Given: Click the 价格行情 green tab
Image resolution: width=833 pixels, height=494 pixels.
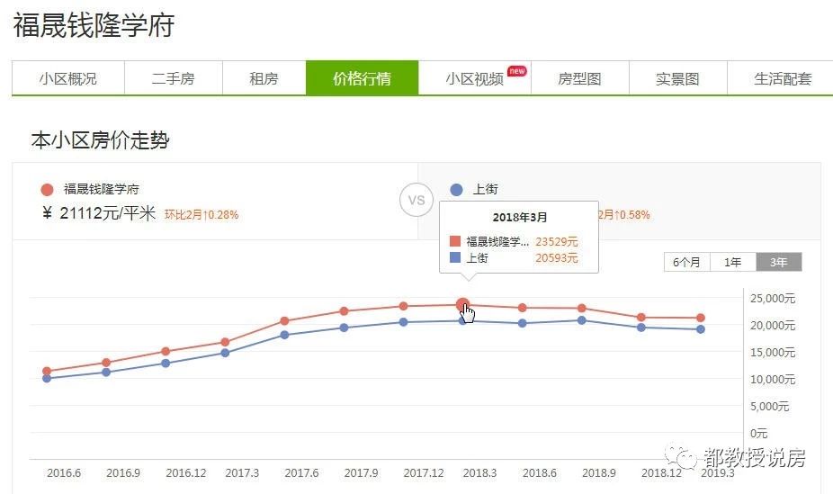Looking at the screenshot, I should click(x=362, y=78).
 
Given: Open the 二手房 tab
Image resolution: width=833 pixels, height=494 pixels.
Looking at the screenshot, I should click(x=173, y=78).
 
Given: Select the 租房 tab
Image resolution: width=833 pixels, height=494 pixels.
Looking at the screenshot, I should click(x=264, y=78).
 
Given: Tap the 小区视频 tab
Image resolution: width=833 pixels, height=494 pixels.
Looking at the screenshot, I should click(x=474, y=78).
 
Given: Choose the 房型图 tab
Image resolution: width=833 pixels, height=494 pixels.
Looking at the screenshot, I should click(x=579, y=78).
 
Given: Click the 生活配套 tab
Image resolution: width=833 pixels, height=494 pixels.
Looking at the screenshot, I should click(x=782, y=78).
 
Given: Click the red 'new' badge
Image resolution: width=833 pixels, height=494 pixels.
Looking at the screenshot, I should click(x=516, y=70).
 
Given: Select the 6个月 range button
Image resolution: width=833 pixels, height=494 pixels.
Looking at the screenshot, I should click(x=687, y=262).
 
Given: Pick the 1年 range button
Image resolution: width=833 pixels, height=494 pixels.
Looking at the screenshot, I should click(x=733, y=262).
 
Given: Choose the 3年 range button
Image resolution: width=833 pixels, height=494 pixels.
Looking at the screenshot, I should click(x=778, y=262).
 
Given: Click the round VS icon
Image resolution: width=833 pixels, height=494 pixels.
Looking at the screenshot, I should click(x=416, y=200).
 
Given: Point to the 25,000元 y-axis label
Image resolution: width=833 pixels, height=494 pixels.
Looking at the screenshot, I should click(x=772, y=298).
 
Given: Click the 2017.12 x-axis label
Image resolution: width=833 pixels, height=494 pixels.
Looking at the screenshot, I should click(x=423, y=472).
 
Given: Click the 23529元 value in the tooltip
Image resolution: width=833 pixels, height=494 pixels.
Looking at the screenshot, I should click(x=556, y=241).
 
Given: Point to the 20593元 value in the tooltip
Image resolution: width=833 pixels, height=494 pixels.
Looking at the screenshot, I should click(x=556, y=257).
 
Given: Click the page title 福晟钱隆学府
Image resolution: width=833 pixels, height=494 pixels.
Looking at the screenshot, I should click(x=94, y=25).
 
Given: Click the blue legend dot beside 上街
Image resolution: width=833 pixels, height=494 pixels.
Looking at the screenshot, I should click(x=456, y=190).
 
